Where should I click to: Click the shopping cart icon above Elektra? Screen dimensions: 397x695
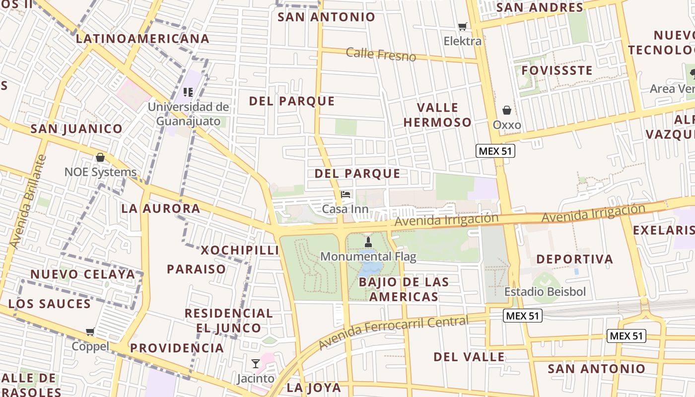[463, 26]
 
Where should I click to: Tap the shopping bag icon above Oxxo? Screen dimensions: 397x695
[507, 110]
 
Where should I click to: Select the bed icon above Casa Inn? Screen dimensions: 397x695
[346, 194]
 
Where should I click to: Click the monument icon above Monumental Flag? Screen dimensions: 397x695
[368, 242]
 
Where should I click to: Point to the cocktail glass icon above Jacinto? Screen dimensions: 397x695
[256, 364]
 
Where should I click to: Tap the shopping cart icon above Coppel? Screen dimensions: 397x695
[90, 331]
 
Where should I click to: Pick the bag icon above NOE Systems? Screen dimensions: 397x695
[100, 157]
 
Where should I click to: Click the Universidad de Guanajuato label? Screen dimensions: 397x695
[189, 114]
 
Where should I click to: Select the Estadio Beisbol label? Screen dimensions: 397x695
[545, 291]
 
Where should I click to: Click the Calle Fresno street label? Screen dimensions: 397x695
[381, 54]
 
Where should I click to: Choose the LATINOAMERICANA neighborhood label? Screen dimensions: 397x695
[142, 39]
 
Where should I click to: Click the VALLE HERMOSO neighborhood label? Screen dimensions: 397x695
[437, 115]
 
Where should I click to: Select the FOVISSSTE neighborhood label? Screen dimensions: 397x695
[557, 70]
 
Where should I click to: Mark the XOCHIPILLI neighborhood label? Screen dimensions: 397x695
[240, 250]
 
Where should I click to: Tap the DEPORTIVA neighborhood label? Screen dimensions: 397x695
[574, 259]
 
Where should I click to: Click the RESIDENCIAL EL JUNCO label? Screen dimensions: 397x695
[228, 321]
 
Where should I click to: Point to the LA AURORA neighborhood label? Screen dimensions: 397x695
[161, 208]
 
